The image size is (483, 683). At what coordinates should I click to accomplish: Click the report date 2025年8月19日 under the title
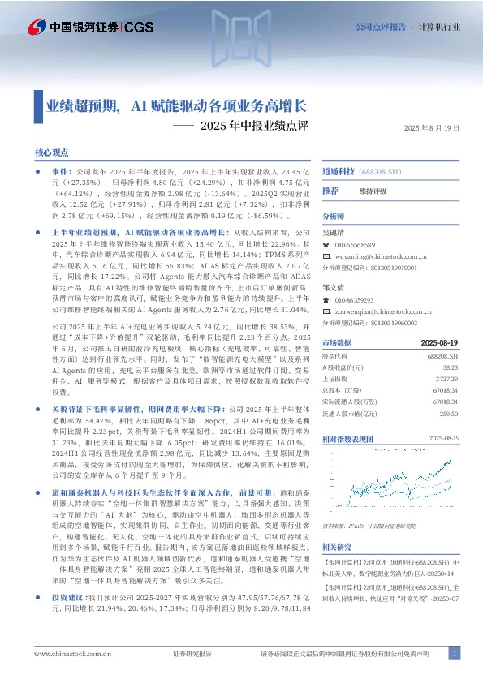[x=432, y=128]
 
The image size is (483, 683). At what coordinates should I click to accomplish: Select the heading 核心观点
[x=51, y=152]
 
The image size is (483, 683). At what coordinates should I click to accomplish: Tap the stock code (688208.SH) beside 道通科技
[x=382, y=173]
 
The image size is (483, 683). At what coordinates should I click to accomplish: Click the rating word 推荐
[x=330, y=190]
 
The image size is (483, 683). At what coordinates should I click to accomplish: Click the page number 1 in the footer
[x=455, y=654]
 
